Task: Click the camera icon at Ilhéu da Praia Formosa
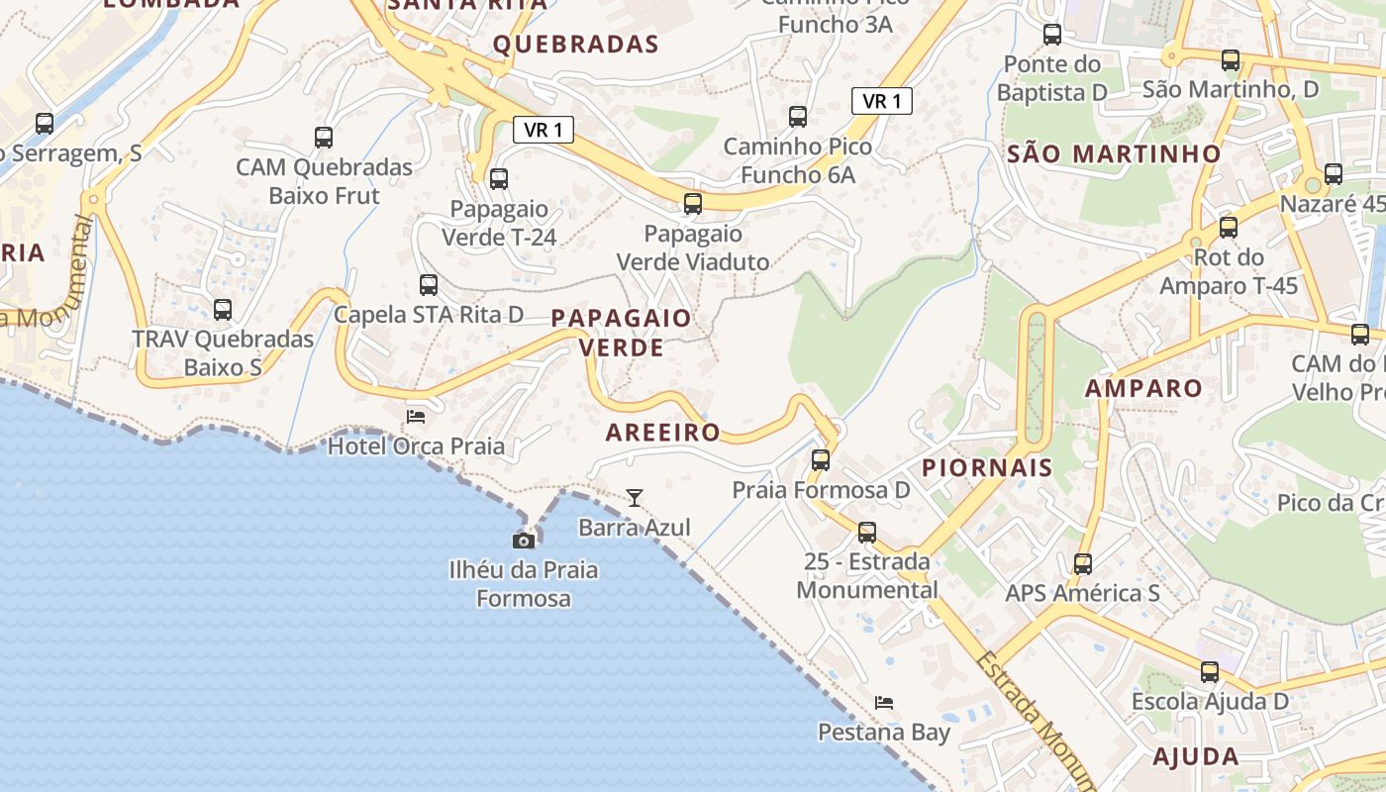pos(524,541)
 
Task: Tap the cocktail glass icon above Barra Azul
pos(635,498)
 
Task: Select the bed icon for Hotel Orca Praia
pos(416,416)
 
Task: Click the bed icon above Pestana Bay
pos(884,703)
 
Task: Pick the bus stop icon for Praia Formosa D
pos(821,460)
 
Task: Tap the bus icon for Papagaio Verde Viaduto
pos(693,204)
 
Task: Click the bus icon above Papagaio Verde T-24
pos(499,179)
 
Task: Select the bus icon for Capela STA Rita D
pos(429,285)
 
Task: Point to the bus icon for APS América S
pos(1083,564)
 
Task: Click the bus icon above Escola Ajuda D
pos(1210,672)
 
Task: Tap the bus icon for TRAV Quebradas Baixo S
pos(223,310)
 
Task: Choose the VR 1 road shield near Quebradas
pos(544,130)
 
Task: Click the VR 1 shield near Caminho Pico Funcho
pos(881,101)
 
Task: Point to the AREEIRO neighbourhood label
pos(662,433)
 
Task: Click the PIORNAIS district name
pos(987,468)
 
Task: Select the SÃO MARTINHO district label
pos(1114,153)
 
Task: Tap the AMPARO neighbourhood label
pos(1143,388)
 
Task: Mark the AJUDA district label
pos(1196,757)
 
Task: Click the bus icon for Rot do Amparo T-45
pos(1229,228)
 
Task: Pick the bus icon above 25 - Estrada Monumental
pos(867,533)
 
